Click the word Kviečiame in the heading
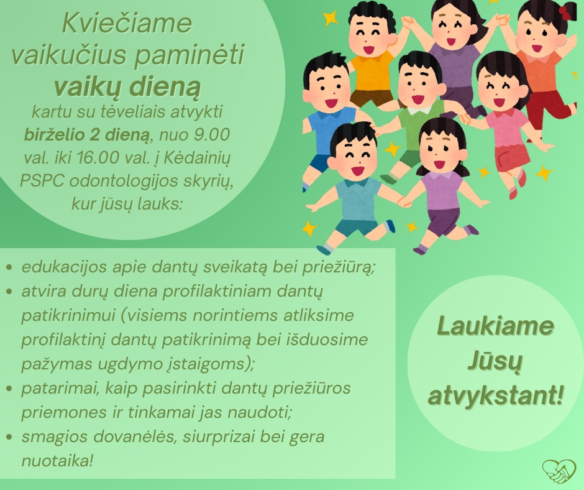tap(127, 23)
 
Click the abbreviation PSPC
tap(42, 181)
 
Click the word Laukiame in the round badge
tap(495, 325)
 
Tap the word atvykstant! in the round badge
tap(495, 395)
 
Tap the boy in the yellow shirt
tap(371, 56)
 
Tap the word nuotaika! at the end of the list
tap(57, 461)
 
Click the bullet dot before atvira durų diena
tap(10, 292)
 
